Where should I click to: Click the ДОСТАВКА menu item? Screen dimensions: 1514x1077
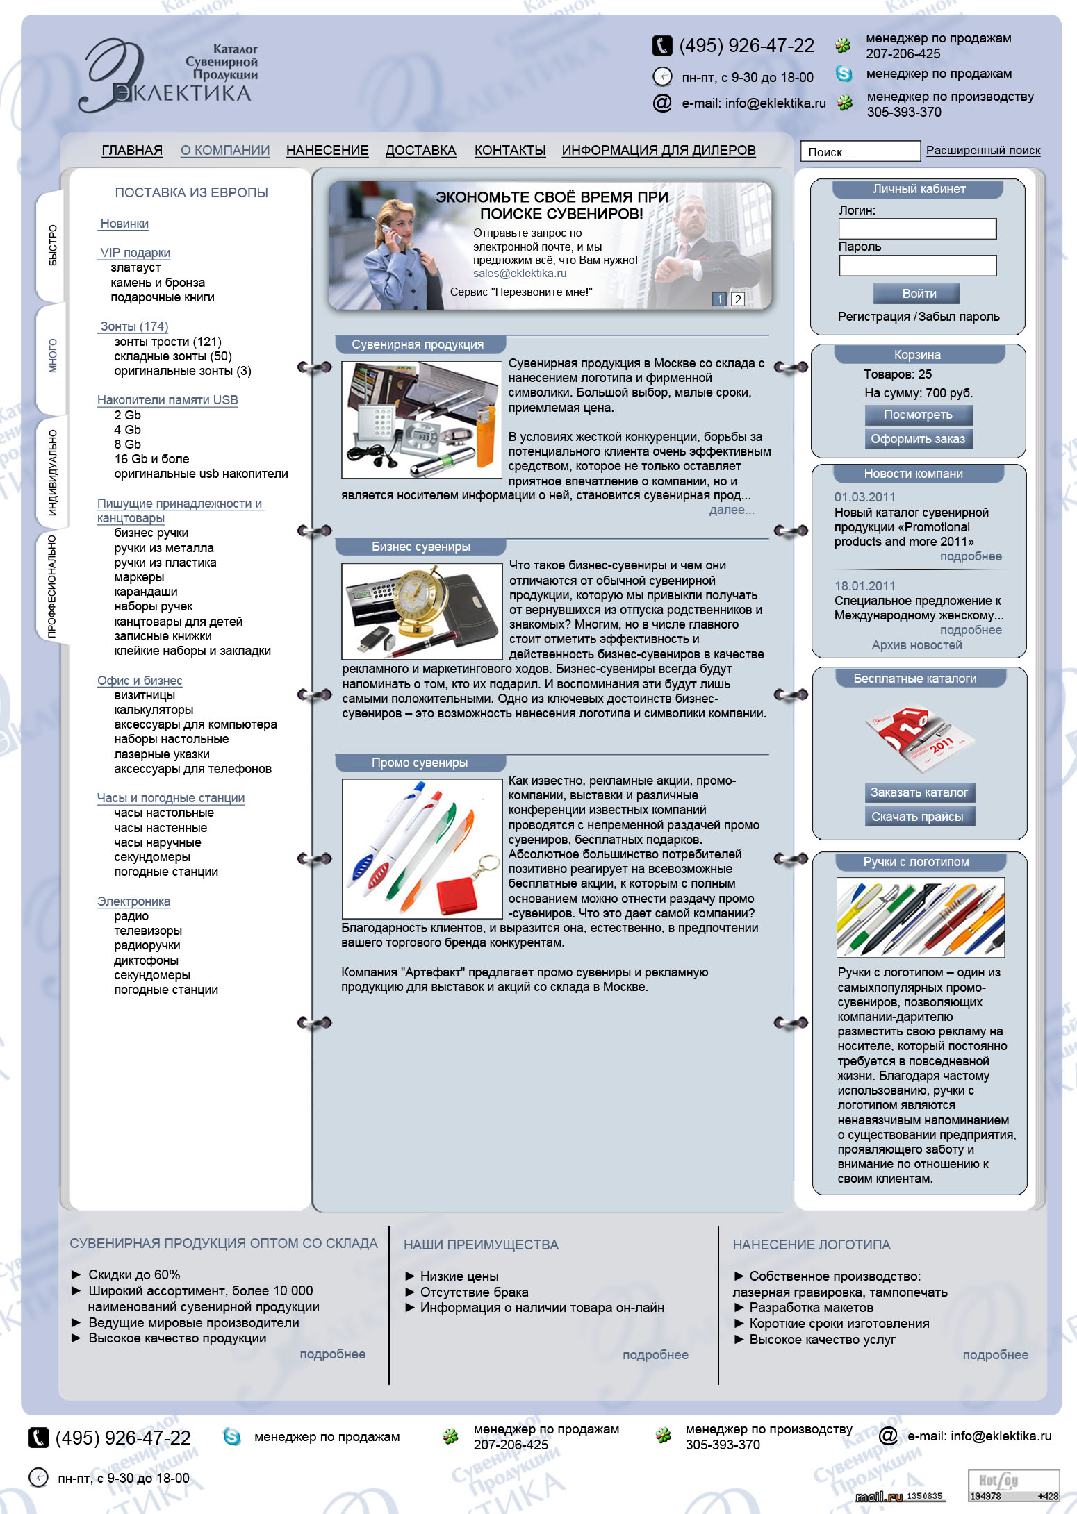[x=420, y=150]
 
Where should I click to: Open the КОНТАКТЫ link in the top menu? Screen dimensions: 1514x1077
[x=509, y=150]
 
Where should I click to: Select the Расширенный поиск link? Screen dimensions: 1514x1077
[x=983, y=150]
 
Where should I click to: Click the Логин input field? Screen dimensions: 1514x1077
[x=917, y=229]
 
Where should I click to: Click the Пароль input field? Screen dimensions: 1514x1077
[x=917, y=265]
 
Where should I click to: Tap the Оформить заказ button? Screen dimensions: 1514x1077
[x=917, y=439]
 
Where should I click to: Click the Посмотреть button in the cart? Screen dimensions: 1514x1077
[x=917, y=415]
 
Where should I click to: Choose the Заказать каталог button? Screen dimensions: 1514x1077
[x=919, y=792]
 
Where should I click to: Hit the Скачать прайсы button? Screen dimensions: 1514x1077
[x=917, y=817]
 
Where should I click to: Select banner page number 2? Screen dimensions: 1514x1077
[x=738, y=299]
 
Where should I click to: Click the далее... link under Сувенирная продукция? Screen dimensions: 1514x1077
[x=731, y=510]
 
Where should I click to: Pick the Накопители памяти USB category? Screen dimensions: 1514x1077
[x=167, y=400]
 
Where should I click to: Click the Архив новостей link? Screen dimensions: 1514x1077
[x=916, y=645]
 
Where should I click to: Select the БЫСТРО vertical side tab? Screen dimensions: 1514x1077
[x=53, y=245]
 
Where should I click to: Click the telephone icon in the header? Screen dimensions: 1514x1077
[x=662, y=46]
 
